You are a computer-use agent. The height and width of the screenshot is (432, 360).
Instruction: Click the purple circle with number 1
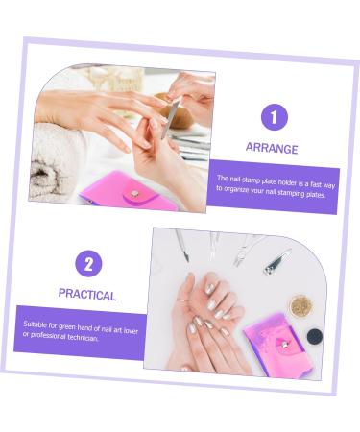275,118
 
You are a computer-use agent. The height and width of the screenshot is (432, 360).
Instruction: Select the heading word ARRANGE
271,149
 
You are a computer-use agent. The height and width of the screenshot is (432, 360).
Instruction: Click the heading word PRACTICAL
86,295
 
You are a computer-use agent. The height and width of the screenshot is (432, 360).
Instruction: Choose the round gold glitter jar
301,306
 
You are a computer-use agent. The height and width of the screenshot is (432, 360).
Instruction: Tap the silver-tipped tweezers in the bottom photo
247,248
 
